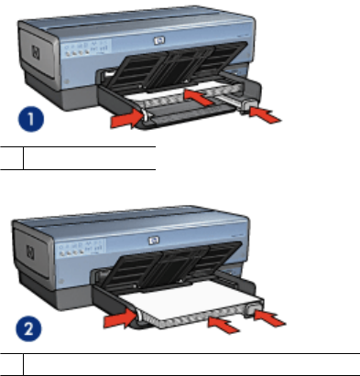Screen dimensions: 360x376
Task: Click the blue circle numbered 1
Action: coord(31,119)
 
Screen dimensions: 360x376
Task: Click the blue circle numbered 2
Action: coord(28,329)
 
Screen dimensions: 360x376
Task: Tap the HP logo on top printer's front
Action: coord(159,40)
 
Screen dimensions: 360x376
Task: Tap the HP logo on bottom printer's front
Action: coord(154,241)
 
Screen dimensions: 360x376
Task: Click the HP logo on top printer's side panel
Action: coord(36,53)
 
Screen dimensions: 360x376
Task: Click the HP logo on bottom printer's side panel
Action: coord(30,252)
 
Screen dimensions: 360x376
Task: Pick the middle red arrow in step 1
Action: coord(198,97)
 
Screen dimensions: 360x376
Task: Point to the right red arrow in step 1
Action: coord(265,115)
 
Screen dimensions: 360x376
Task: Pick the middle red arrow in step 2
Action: coord(224,325)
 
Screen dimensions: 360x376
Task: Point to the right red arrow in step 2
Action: coord(269,317)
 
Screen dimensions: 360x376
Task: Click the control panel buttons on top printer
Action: coord(87,48)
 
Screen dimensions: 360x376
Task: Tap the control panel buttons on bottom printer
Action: coord(82,248)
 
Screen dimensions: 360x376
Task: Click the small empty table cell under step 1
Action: coord(12,158)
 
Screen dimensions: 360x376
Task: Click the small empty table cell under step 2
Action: coord(12,364)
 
